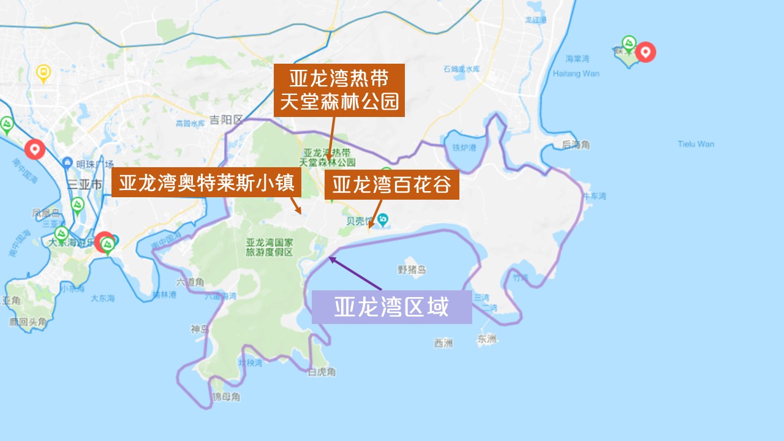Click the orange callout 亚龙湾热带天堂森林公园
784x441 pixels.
[x=339, y=89]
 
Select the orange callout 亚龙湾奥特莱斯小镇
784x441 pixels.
[x=206, y=183]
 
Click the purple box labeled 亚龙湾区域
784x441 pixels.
[x=391, y=306]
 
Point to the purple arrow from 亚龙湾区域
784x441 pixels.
[x=355, y=274]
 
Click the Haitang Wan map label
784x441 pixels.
[x=576, y=73]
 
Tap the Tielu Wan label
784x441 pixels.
[x=696, y=145]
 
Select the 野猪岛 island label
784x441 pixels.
[x=412, y=269]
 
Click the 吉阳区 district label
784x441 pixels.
[x=226, y=119]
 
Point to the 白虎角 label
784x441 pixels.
[x=322, y=372]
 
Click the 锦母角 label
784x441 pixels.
[x=226, y=397]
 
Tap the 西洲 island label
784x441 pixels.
[x=443, y=343]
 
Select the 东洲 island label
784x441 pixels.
[x=487, y=339]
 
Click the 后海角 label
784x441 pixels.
[x=575, y=145]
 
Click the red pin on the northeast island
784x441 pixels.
[x=644, y=51]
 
